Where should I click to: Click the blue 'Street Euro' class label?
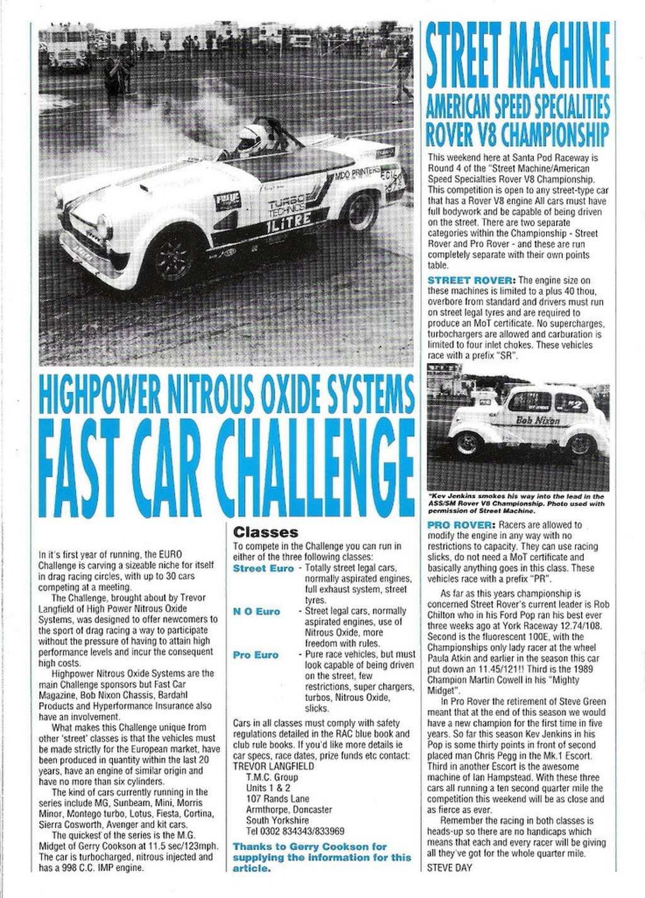coord(263,568)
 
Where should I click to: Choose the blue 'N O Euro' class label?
coord(256,611)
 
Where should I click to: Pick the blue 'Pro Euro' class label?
coord(256,655)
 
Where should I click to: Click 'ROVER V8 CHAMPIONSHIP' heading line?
coord(518,134)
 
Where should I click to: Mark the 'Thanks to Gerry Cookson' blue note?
coord(318,857)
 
